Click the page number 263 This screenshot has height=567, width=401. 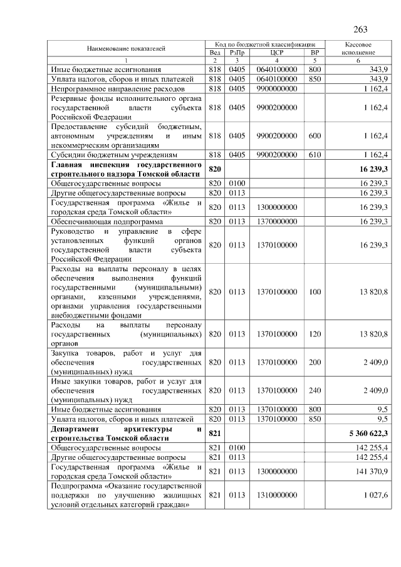point(360,29)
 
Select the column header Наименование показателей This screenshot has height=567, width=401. point(127,48)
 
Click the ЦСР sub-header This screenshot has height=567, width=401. point(276,53)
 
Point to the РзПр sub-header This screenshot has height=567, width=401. point(237,53)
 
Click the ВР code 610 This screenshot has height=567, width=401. point(315,154)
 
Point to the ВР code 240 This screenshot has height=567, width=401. point(315,390)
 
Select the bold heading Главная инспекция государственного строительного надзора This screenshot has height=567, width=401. point(127,169)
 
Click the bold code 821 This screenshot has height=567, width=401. point(215,434)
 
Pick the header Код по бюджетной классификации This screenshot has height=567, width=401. point(266,44)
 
